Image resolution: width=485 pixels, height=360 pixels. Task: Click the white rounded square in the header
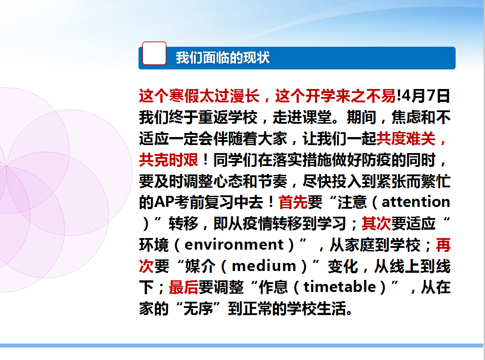154,53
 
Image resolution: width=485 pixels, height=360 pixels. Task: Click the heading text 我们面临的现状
223,58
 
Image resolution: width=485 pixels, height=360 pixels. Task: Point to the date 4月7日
426,96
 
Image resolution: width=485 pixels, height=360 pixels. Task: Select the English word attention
416,202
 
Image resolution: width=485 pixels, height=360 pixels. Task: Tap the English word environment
234,245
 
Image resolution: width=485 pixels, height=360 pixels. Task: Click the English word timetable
340,287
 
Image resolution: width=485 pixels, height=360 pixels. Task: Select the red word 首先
293,202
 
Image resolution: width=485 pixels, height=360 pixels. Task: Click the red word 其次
376,223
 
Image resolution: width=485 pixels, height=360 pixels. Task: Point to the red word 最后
183,287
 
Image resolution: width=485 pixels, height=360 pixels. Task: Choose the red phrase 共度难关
406,138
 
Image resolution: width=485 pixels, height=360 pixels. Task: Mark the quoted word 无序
198,308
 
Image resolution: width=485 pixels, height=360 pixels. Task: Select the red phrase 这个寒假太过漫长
199,96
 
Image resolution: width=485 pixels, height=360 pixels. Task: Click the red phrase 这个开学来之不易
335,96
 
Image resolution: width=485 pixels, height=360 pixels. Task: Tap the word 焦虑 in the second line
406,117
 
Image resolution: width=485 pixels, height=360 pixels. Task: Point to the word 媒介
200,266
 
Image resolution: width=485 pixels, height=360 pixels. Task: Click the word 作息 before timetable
273,287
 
